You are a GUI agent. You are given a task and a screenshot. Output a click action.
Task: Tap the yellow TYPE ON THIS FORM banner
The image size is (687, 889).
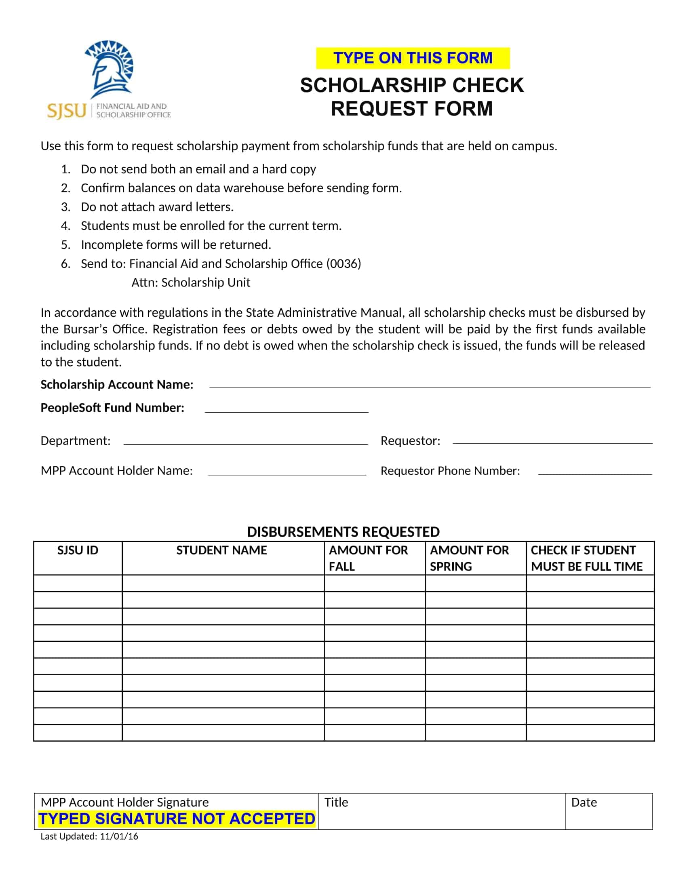pyautogui.click(x=412, y=58)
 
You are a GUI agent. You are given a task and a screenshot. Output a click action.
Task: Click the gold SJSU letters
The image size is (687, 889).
pyautogui.click(x=67, y=111)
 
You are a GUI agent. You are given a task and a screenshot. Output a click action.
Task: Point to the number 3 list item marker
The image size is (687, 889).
pyautogui.click(x=65, y=207)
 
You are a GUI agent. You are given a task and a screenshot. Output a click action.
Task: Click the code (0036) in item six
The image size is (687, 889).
pyautogui.click(x=343, y=264)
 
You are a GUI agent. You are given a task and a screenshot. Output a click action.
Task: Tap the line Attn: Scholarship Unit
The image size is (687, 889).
pyautogui.click(x=190, y=282)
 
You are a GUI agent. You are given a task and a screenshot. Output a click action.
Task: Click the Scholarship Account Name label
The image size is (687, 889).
pyautogui.click(x=117, y=384)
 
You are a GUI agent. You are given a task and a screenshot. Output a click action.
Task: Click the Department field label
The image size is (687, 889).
pyautogui.click(x=75, y=440)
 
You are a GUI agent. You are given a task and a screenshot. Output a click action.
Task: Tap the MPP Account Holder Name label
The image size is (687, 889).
pyautogui.click(x=116, y=470)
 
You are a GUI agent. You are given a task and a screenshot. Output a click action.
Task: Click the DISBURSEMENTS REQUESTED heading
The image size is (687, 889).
pyautogui.click(x=343, y=532)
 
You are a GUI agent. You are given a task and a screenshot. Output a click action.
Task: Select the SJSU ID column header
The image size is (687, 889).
pyautogui.click(x=78, y=550)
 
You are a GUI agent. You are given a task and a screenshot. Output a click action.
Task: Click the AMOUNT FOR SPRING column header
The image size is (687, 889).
pyautogui.click(x=469, y=558)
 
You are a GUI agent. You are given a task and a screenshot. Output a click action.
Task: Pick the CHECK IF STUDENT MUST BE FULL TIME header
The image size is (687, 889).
pyautogui.click(x=586, y=558)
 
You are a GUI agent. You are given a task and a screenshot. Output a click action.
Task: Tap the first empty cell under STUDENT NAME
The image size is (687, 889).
pyautogui.click(x=223, y=583)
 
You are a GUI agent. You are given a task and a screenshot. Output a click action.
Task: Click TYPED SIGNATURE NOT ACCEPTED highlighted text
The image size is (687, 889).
pyautogui.click(x=177, y=819)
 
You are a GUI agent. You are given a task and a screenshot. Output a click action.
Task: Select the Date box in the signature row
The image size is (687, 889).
pyautogui.click(x=609, y=811)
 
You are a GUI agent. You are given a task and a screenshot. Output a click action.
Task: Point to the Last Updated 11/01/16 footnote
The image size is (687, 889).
pyautogui.click(x=89, y=836)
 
